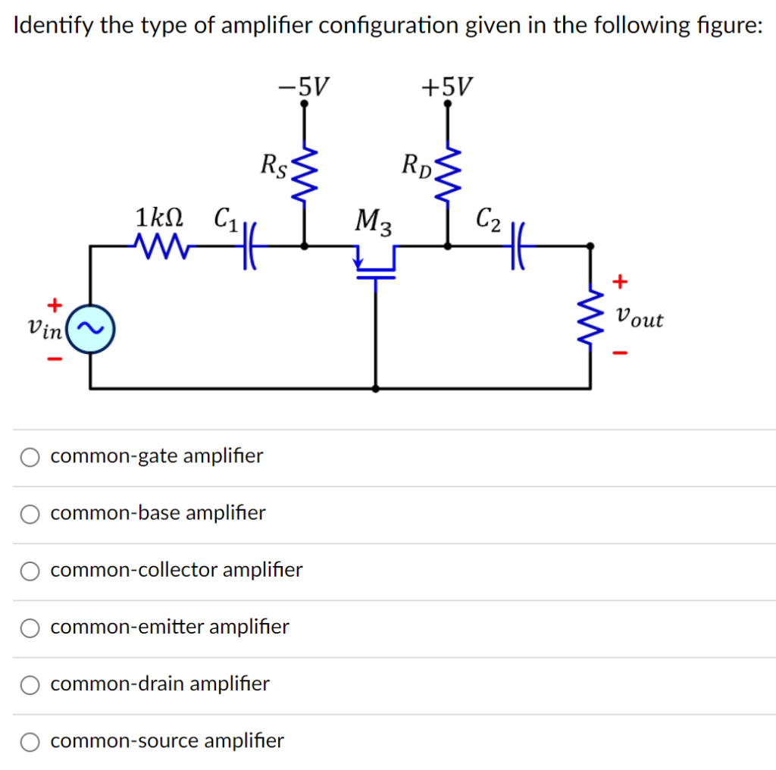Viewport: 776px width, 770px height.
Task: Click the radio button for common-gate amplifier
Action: (x=30, y=457)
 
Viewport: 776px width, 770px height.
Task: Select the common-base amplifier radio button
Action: (x=30, y=514)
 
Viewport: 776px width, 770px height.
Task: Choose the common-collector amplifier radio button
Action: (x=30, y=571)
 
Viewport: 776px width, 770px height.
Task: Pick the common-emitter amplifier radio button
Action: (x=30, y=628)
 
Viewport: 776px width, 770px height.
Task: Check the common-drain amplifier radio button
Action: (x=30, y=684)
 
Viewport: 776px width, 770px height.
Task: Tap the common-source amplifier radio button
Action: (x=30, y=741)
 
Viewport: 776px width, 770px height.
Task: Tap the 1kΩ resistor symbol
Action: (x=164, y=246)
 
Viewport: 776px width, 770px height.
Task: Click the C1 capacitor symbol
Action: (x=248, y=246)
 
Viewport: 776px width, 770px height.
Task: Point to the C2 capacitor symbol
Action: (x=521, y=246)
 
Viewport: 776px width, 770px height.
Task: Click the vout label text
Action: (x=640, y=318)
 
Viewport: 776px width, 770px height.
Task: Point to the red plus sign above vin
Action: (x=55, y=305)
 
